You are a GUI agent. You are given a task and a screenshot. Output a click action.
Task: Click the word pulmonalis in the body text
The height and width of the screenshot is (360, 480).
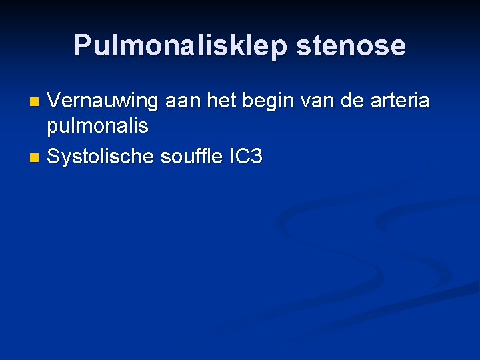(97, 125)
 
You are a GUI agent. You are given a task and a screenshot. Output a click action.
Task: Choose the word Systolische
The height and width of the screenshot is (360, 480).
(101, 157)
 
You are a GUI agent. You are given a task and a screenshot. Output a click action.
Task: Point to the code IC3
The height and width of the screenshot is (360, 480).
(246, 157)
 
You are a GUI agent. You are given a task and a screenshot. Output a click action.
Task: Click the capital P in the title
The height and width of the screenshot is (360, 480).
(81, 45)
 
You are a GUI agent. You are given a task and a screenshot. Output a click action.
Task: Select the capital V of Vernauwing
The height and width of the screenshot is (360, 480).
(55, 101)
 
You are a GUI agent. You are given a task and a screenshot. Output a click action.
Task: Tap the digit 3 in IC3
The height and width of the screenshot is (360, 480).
(257, 157)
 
